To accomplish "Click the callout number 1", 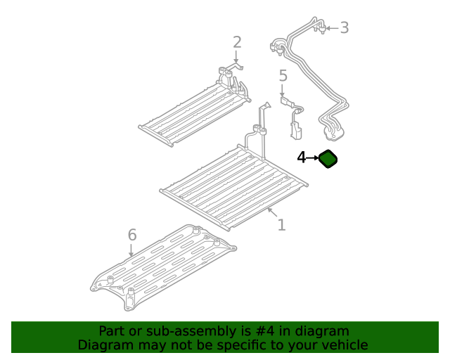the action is point(281,225).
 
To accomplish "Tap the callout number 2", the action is point(237,42).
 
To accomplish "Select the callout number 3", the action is point(345,28).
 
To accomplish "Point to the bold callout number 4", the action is point(302,157).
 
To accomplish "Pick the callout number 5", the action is point(283,75).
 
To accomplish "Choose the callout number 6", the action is point(132,235).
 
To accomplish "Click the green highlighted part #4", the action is point(328,159).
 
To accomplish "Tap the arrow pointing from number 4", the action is point(312,158).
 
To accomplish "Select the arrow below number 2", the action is point(236,56).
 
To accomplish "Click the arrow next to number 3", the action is point(332,28).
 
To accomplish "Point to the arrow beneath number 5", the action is point(282,91).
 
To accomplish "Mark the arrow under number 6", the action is point(131,250).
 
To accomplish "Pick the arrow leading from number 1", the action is point(272,212).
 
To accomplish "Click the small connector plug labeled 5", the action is point(292,117).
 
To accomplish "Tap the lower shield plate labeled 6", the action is point(163,268).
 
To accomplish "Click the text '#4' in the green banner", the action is point(264,331).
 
